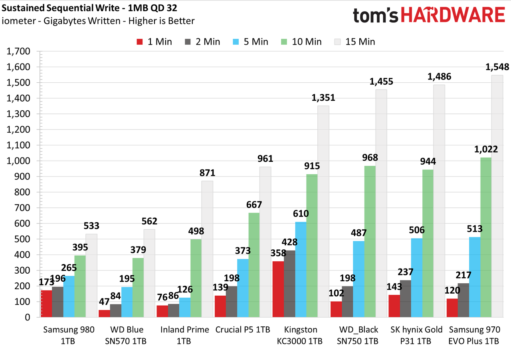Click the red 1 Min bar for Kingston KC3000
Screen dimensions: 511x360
(278, 289)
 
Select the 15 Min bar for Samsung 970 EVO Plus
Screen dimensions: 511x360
(497, 196)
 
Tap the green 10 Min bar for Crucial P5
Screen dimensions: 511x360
(254, 265)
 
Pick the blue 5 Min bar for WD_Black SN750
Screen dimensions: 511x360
(358, 279)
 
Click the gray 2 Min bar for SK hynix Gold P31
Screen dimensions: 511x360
(405, 298)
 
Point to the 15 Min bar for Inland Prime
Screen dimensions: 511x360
(207, 249)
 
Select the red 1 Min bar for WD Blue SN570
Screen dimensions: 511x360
(104, 313)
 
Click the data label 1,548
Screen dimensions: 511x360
(497, 67)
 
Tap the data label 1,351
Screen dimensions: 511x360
(323, 98)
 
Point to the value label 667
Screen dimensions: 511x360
(254, 205)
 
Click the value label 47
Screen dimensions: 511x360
(104, 302)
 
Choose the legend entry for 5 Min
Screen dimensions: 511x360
(250, 42)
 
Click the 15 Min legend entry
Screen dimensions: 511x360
(355, 42)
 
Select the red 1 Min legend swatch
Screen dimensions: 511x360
(140, 42)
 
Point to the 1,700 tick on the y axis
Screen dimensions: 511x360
(18, 52)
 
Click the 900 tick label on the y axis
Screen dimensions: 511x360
(22, 177)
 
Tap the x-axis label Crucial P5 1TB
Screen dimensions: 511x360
(242, 330)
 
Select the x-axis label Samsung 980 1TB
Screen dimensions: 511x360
(69, 335)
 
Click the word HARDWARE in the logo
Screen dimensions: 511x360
(453, 15)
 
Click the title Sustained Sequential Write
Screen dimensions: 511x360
(60, 8)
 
